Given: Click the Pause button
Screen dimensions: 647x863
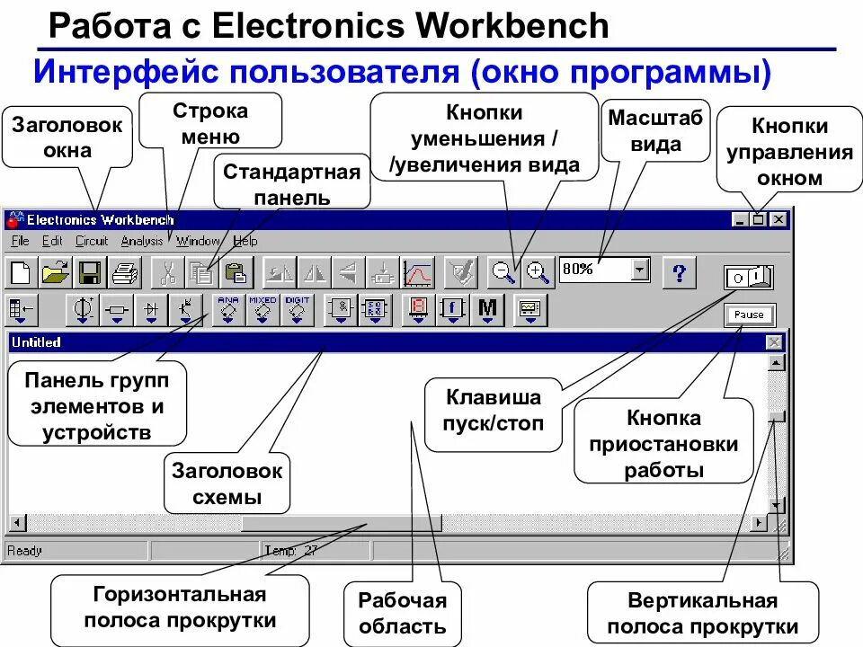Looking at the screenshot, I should pyautogui.click(x=748, y=315).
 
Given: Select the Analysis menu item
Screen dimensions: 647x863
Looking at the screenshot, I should pyautogui.click(x=142, y=241).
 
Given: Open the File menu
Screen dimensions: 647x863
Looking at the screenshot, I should pyautogui.click(x=21, y=241).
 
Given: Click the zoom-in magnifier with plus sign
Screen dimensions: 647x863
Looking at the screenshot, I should pyautogui.click(x=538, y=271).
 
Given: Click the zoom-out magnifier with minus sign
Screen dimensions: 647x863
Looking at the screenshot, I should pyautogui.click(x=503, y=271).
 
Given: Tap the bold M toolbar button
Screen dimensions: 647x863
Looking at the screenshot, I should pyautogui.click(x=487, y=309).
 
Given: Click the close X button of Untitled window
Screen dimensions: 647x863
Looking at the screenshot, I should pyautogui.click(x=774, y=342).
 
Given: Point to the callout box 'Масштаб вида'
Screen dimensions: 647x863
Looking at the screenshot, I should pyautogui.click(x=657, y=131).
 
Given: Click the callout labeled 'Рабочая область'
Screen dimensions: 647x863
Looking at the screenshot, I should pyautogui.click(x=403, y=614).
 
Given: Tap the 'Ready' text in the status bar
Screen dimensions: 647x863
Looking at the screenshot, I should pyautogui.click(x=24, y=551).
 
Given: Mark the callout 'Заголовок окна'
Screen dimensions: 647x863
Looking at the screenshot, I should pyautogui.click(x=67, y=137).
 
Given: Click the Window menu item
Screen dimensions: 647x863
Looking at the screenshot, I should pyautogui.click(x=198, y=241).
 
